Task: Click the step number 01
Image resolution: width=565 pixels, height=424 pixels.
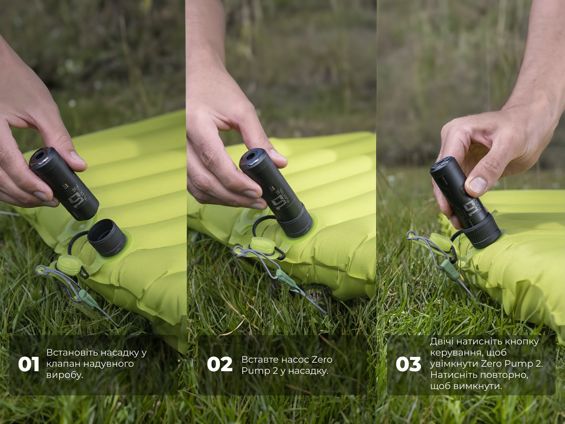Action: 29,364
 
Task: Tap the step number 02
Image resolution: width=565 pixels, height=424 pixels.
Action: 220,364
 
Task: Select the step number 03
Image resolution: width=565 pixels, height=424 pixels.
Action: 409,364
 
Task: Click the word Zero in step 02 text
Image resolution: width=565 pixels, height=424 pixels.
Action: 322,359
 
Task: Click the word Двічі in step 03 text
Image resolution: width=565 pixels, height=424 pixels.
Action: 443,342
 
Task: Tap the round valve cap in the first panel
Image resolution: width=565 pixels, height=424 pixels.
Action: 68,265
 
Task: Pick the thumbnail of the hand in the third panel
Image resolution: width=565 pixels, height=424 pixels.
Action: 478,184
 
